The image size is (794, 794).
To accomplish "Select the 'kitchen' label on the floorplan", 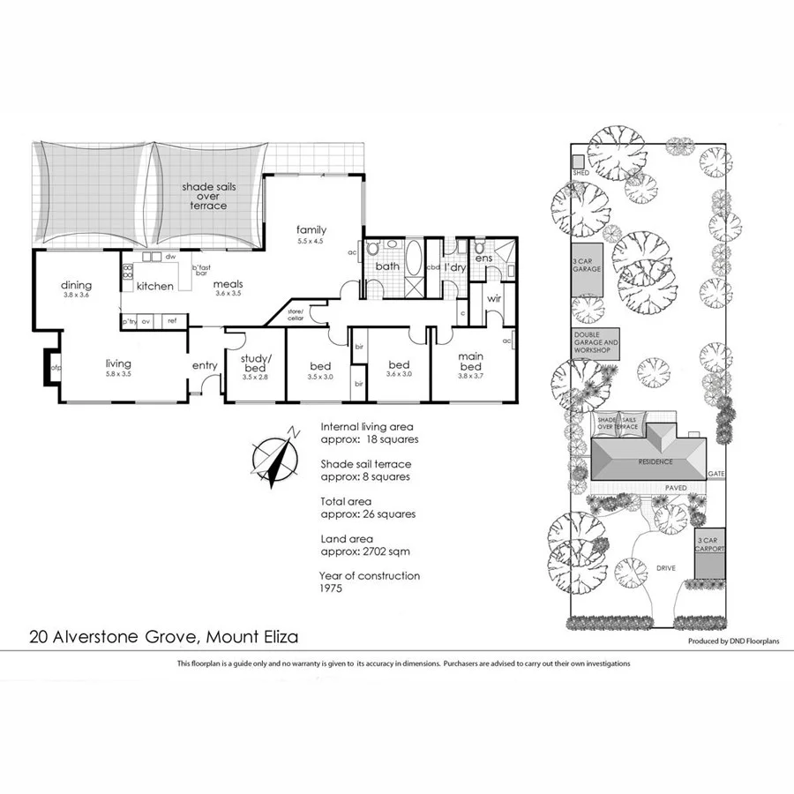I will (154, 286).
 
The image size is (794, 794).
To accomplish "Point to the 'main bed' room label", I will (469, 361).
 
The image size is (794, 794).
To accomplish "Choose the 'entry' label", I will (205, 365).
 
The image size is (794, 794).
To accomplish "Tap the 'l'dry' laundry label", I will (454, 266).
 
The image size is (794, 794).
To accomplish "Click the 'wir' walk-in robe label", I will (494, 299).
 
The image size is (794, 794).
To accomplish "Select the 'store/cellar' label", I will (295, 314).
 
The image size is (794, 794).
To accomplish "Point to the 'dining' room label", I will (76, 285).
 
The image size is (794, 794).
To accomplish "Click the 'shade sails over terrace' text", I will (205, 196).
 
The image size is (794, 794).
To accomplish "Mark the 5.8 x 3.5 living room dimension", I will (117, 374).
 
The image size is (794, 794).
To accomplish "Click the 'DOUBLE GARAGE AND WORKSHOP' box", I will (596, 343).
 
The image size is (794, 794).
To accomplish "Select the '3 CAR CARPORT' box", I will (709, 543).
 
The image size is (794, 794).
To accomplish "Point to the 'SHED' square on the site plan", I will (580, 162).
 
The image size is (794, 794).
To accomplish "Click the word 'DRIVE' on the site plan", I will (666, 568).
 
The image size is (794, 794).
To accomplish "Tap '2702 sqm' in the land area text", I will (380, 551).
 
